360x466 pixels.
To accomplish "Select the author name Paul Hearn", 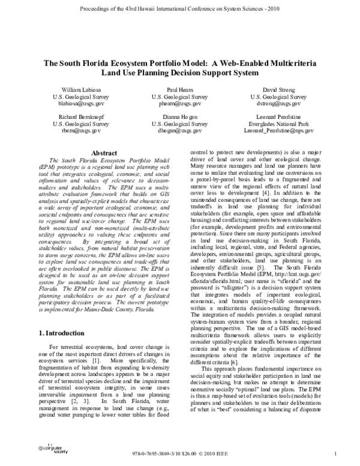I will [179, 89].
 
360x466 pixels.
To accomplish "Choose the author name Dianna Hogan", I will [179, 117].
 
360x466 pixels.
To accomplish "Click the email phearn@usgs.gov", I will [179, 103].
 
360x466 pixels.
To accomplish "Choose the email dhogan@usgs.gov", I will [179, 131].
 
